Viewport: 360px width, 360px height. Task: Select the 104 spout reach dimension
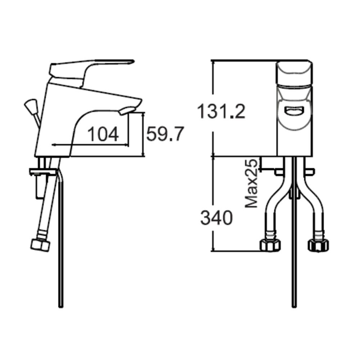click(103, 135)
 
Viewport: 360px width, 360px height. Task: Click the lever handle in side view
click(90, 68)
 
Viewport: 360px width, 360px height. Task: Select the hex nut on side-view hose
click(40, 245)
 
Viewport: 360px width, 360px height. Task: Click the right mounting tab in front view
click(309, 172)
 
